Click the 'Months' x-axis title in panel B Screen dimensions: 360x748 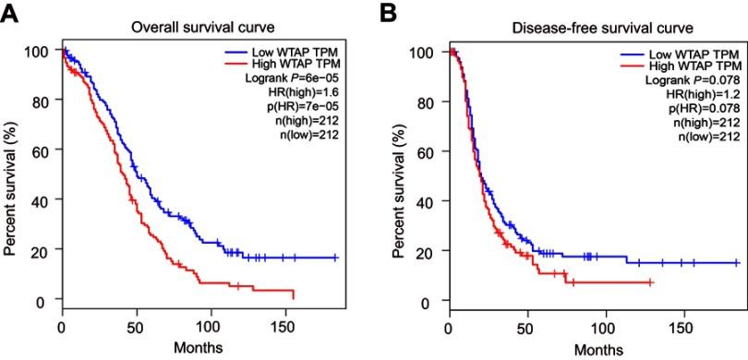[590, 349]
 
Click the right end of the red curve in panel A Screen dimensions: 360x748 [293, 296]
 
